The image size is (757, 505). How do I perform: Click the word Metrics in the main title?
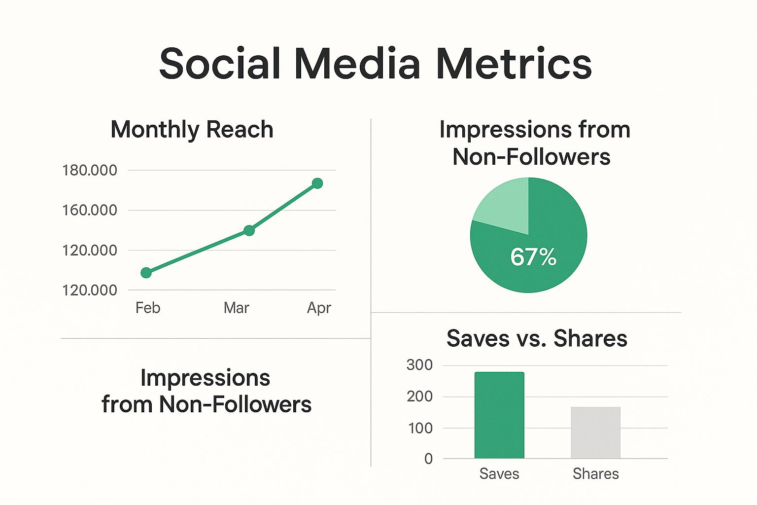[x=514, y=64]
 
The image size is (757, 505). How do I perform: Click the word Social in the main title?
[x=220, y=64]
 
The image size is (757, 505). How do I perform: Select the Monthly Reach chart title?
[x=192, y=130]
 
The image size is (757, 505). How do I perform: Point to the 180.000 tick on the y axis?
[x=90, y=170]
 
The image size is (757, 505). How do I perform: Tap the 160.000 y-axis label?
[x=90, y=210]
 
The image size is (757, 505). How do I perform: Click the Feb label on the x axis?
[x=148, y=308]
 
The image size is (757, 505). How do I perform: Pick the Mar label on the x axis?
[x=236, y=308]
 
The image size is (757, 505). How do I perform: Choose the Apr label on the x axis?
[x=319, y=308]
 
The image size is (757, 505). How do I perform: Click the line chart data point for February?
[x=146, y=273]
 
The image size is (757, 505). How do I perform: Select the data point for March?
[x=249, y=230]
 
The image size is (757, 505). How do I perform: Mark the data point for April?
[x=317, y=183]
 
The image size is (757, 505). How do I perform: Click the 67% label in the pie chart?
[x=533, y=257]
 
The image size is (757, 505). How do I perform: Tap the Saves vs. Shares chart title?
[x=537, y=338]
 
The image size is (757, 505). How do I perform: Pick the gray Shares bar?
[x=595, y=433]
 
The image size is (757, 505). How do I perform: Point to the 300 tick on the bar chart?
[x=419, y=365]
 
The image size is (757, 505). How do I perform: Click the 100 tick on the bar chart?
[x=420, y=428]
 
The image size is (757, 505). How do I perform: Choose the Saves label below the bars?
[x=499, y=473]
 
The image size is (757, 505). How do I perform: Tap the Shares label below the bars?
[x=595, y=473]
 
